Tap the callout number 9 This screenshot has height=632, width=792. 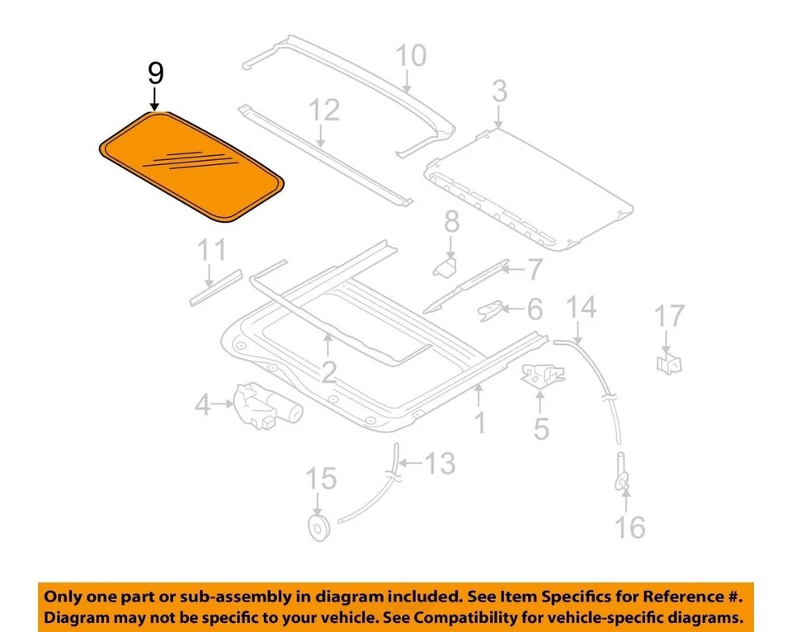(x=155, y=73)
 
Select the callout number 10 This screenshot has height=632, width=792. (x=411, y=56)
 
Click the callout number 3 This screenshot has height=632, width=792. (x=499, y=92)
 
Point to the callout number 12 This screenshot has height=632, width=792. (x=324, y=110)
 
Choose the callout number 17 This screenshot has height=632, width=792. (x=670, y=315)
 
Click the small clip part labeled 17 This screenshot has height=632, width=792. (x=670, y=361)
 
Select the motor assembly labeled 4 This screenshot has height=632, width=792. (x=265, y=405)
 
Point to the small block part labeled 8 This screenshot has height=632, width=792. (x=446, y=266)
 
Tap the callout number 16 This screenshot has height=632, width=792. (x=629, y=526)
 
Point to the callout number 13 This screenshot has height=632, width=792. (x=440, y=464)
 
